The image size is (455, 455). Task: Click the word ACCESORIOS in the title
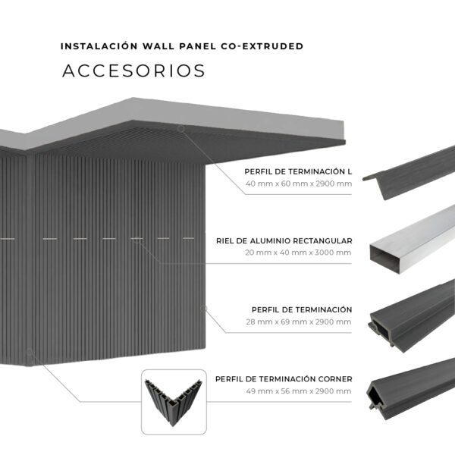[133, 71]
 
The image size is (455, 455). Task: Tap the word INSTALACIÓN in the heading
[99, 46]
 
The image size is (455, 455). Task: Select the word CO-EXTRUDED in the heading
[262, 46]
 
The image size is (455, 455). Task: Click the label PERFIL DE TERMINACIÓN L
[298, 171]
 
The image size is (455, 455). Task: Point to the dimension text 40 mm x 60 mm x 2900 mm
[299, 184]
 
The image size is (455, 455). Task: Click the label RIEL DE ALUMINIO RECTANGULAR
[284, 240]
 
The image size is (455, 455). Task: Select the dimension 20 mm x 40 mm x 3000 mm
[298, 253]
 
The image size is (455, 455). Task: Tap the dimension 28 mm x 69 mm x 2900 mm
[299, 322]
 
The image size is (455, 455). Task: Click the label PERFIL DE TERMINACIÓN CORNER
[284, 379]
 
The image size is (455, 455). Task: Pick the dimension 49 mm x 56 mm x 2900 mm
[299, 391]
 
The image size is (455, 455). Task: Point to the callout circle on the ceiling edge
[181, 129]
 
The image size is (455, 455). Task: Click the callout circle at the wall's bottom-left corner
[30, 352]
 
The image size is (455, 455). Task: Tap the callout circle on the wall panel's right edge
[204, 309]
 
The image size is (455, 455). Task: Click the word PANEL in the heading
[197, 46]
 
